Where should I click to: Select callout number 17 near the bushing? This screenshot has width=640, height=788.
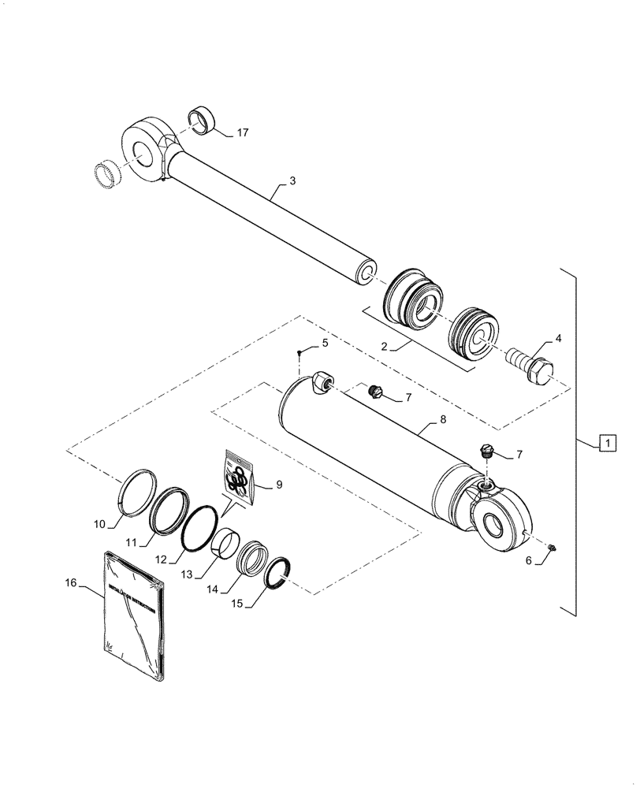click(x=242, y=132)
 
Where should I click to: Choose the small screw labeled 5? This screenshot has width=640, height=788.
click(x=300, y=352)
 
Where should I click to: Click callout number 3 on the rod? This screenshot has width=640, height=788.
click(x=292, y=181)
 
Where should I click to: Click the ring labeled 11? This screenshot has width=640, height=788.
click(x=167, y=511)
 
